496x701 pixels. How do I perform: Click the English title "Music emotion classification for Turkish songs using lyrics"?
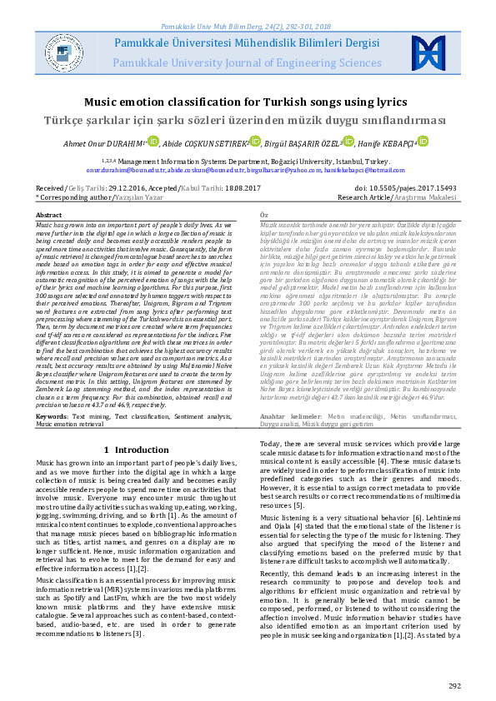pyautogui.click(x=248, y=102)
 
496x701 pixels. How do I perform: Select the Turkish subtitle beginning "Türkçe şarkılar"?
pyautogui.click(x=248, y=119)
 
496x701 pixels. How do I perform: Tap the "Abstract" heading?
pyautogui.click(x=48, y=215)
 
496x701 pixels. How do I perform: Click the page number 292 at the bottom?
pyautogui.click(x=454, y=685)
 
